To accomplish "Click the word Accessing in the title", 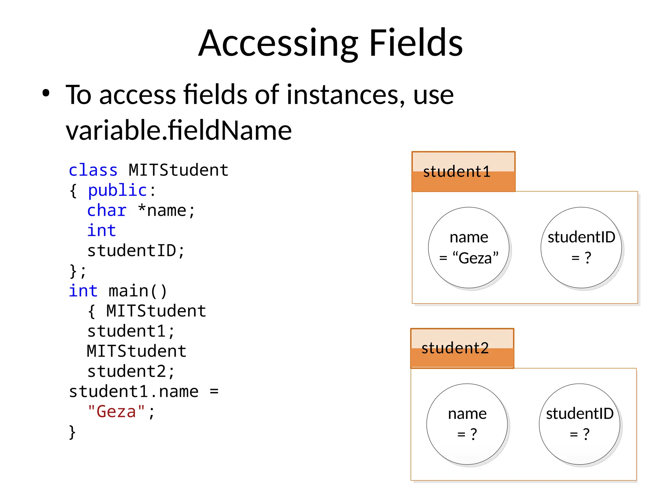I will coord(278,43).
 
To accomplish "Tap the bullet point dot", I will coord(46,93).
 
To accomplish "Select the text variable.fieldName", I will coord(179,130).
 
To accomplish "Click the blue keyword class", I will coord(93,170).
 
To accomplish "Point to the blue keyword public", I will coord(117,191).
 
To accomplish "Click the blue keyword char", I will coord(107,211).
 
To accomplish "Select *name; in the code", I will coord(166,211).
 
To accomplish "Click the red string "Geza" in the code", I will coord(116,412).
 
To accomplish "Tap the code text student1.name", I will coord(134,392).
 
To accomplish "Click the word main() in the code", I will coord(138,291).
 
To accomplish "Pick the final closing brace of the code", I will coord(72,432).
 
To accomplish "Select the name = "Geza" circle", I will coord(469,248).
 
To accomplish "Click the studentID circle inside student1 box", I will coord(581,248).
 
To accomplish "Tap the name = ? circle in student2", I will coord(467,424).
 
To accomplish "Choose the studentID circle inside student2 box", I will coord(579,424).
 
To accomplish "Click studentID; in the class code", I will coord(136,251).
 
